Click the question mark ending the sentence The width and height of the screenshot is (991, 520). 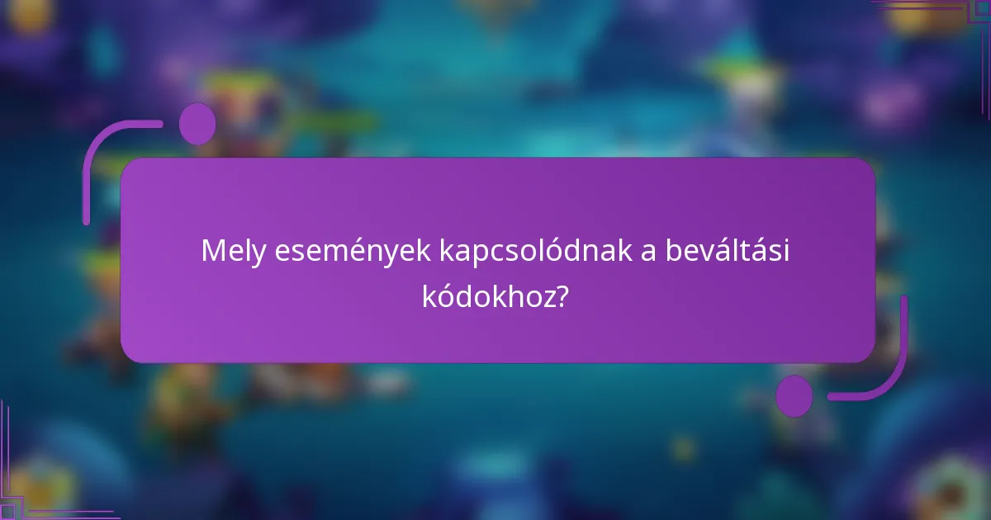pos(561,295)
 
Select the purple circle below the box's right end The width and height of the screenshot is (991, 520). pos(794,395)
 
